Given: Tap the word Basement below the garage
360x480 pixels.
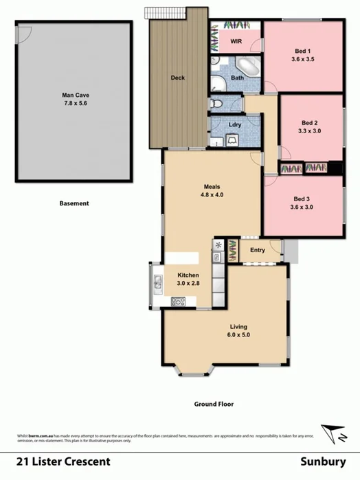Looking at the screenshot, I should tap(74, 203).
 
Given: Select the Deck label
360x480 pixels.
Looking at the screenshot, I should tap(178, 78).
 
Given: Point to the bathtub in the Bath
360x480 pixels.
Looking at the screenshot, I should tap(247, 67).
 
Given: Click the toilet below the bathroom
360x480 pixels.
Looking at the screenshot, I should tap(218, 103).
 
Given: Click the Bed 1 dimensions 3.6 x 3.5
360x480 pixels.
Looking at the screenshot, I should tap(302, 60).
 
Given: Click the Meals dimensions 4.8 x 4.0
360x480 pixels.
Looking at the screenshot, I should tap(212, 195).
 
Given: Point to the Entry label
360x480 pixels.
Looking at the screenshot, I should tap(258, 250).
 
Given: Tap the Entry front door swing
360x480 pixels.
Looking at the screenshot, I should tap(276, 247).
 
